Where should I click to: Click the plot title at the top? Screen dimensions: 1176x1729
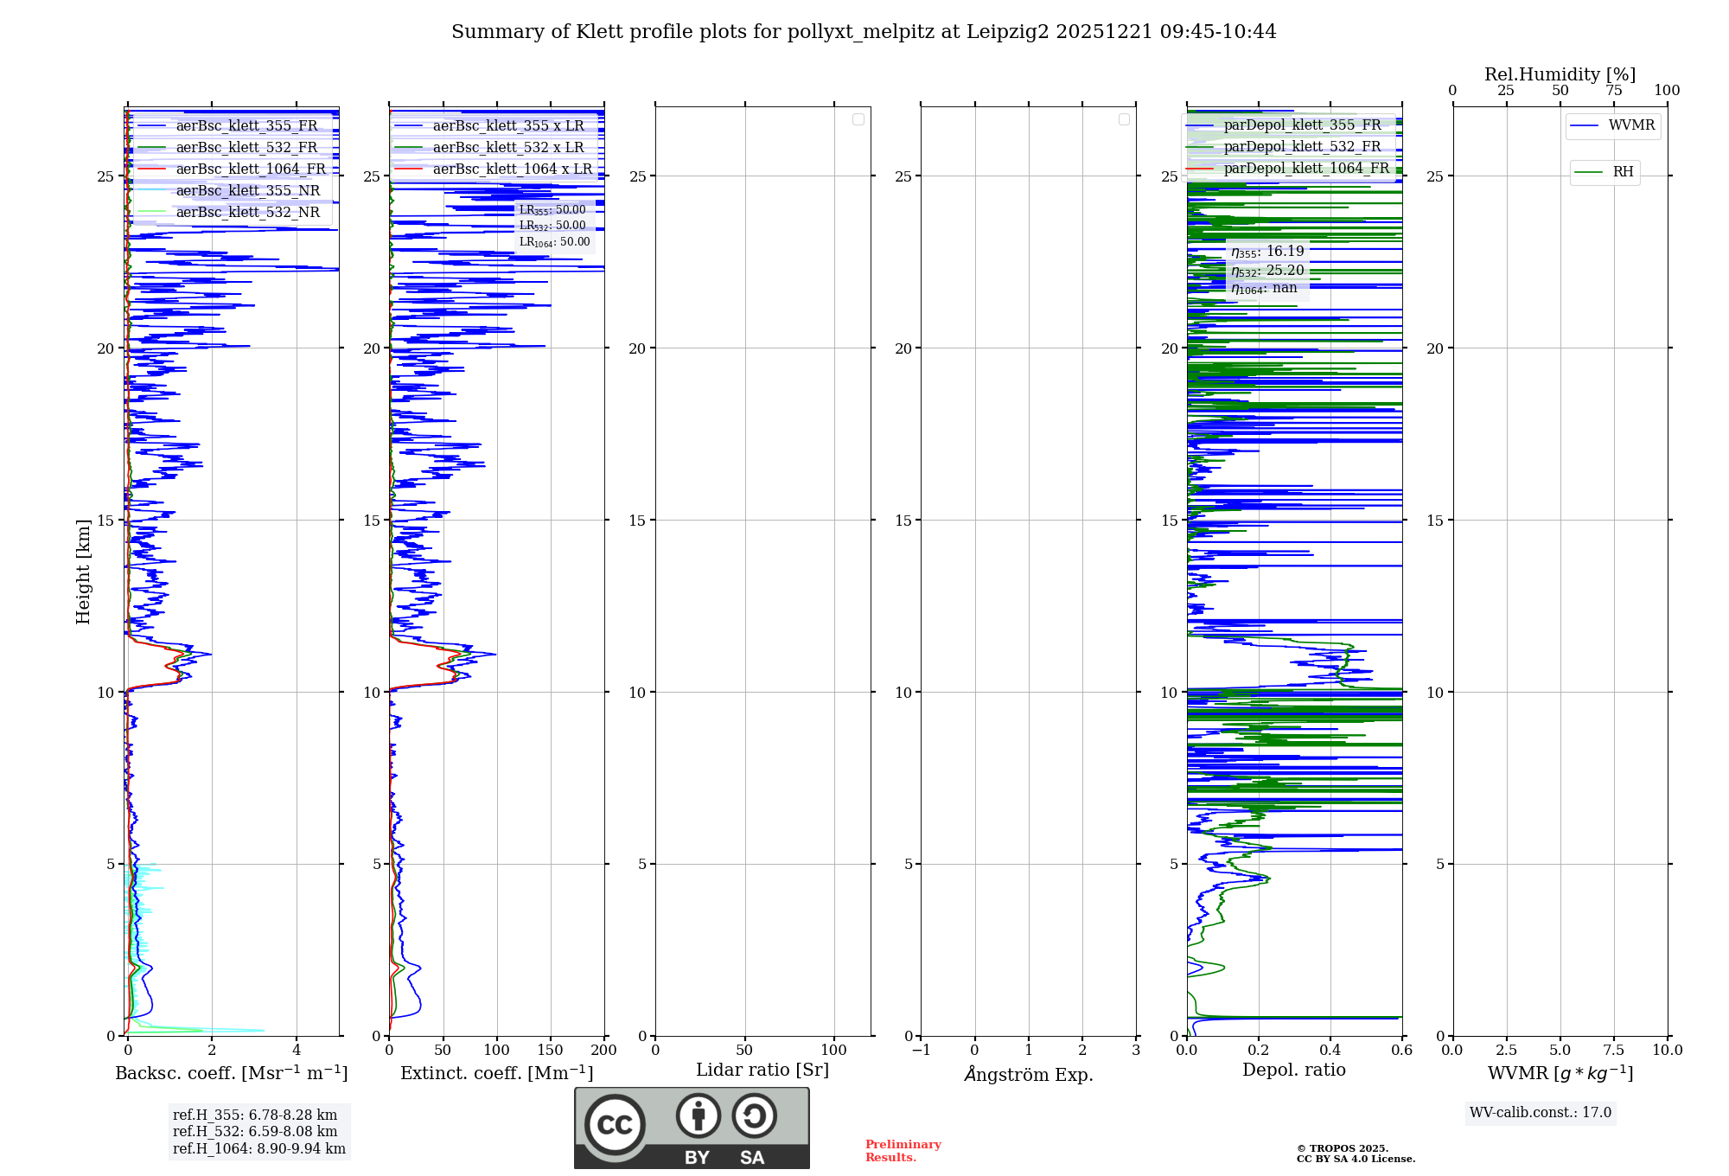click(x=864, y=32)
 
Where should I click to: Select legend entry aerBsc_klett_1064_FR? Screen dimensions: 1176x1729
click(x=251, y=169)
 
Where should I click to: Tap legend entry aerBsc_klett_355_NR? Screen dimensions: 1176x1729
click(x=247, y=190)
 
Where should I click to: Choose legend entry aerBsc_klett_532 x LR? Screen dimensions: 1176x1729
click(x=508, y=147)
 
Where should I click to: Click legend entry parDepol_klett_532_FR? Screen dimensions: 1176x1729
click(x=1302, y=146)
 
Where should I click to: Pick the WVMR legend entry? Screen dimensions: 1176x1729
click(x=1631, y=125)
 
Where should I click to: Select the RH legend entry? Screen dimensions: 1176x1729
click(x=1623, y=172)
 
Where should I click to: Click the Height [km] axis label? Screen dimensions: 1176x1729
click(x=83, y=572)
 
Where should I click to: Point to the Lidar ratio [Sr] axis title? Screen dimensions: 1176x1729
click(x=762, y=1070)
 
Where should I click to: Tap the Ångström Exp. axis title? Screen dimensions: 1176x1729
click(x=1029, y=1074)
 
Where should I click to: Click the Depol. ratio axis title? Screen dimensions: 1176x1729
click(x=1294, y=1070)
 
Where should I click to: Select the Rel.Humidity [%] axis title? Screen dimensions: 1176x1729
click(x=1560, y=74)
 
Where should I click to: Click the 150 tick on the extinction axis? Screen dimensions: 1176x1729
click(x=551, y=1050)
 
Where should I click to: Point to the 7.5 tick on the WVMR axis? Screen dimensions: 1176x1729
click(x=1614, y=1050)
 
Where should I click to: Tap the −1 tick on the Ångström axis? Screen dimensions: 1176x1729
click(x=921, y=1050)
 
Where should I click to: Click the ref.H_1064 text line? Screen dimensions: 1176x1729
click(x=259, y=1148)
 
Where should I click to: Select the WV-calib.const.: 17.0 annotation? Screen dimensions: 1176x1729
click(x=1541, y=1112)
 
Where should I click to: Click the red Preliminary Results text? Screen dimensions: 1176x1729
click(x=903, y=1150)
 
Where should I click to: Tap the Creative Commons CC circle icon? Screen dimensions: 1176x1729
click(x=615, y=1124)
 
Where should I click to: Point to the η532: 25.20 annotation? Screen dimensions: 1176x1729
click(x=1267, y=271)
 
